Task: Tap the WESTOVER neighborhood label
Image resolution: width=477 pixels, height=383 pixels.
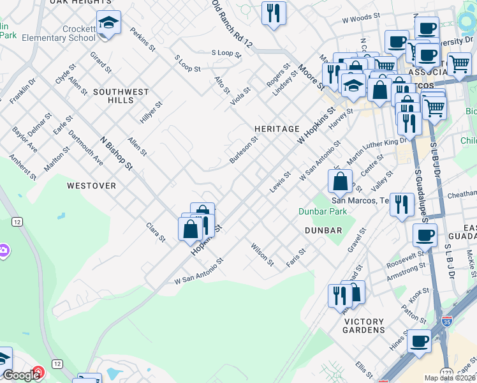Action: tap(91, 186)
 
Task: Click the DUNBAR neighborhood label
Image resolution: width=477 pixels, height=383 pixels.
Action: tap(323, 230)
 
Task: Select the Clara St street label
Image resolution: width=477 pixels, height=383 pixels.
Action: tap(156, 232)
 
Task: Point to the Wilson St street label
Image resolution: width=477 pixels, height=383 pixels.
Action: tap(262, 254)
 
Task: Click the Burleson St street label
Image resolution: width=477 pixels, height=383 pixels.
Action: tap(243, 149)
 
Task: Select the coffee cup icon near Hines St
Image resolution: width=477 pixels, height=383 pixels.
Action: tap(418, 342)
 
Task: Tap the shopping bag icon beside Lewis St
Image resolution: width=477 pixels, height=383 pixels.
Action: tap(341, 181)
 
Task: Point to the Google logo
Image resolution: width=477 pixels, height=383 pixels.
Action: tap(20, 375)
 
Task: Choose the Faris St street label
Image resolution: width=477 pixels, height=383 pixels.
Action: tap(297, 258)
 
